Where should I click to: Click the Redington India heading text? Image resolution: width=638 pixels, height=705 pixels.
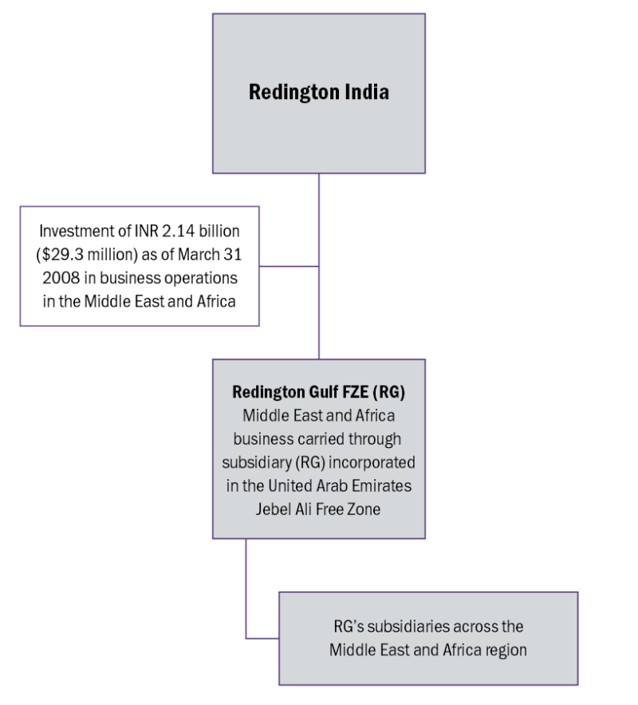tap(319, 92)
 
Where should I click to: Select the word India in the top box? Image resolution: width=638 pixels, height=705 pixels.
tap(366, 92)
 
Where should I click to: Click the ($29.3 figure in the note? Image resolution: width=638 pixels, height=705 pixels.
tap(59, 255)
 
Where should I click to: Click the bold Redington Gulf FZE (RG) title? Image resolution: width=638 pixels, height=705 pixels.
tap(318, 393)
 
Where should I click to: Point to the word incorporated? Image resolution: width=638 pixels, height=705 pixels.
tap(375, 462)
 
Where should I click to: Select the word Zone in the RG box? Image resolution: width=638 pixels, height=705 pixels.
tap(364, 509)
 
